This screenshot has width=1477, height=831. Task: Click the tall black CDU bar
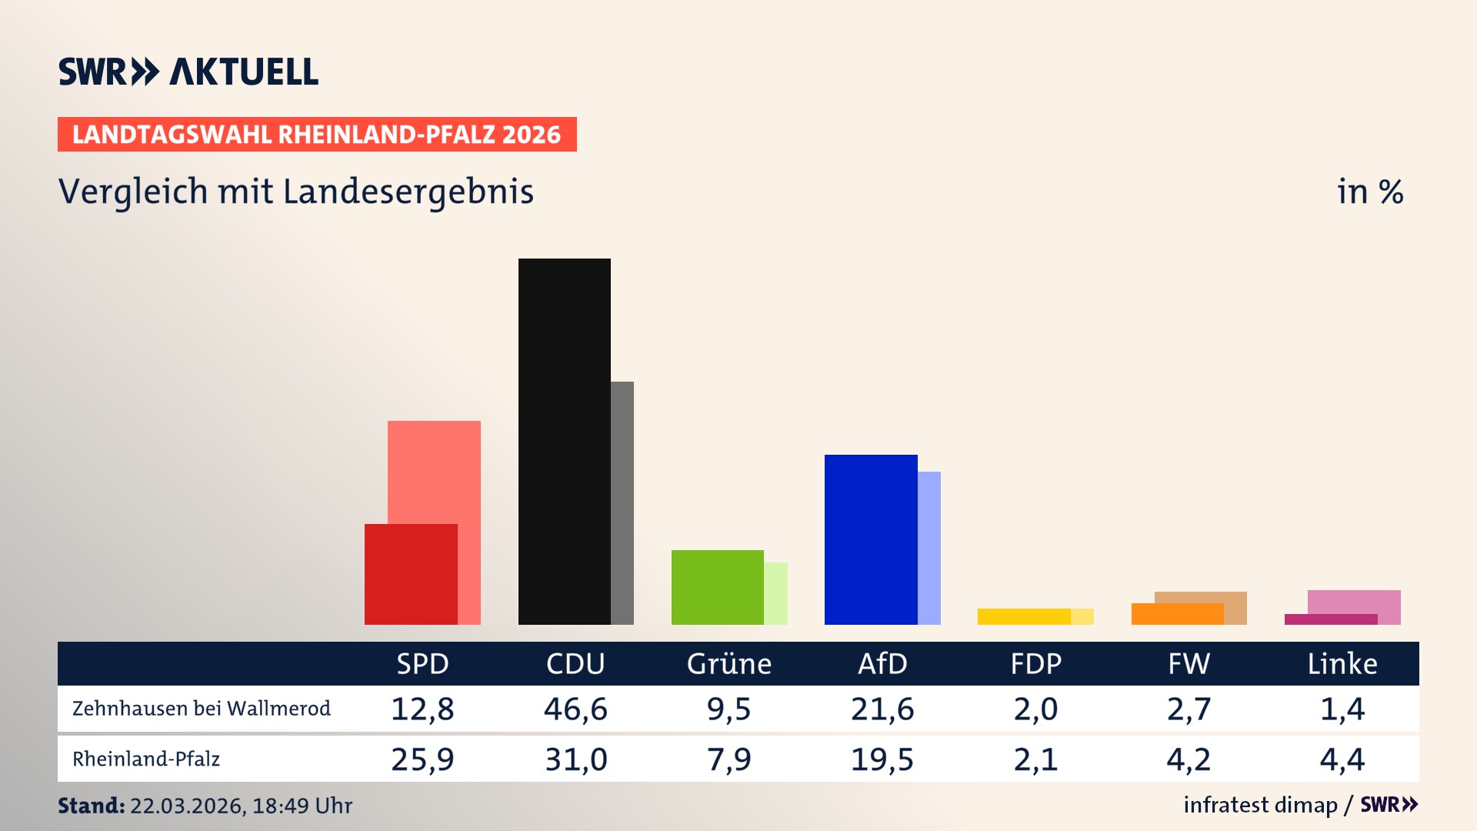(564, 441)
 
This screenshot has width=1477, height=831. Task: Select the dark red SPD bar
(411, 574)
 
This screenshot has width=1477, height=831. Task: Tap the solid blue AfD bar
(870, 539)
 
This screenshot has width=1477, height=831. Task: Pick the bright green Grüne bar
(717, 587)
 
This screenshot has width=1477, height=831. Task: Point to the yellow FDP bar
(1023, 616)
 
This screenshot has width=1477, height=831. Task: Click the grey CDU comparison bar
(622, 502)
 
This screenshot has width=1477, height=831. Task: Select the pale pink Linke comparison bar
(1354, 602)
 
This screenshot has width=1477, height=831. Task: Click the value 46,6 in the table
(575, 709)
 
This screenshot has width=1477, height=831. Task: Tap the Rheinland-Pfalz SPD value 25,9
(422, 759)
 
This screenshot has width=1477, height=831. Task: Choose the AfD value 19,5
(882, 759)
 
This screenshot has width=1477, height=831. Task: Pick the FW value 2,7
(1189, 709)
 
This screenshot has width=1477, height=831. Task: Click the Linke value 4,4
(1342, 759)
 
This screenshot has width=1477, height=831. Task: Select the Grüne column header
(728, 663)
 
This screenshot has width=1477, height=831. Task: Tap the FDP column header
(1035, 663)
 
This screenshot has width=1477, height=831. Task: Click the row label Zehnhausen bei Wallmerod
(202, 709)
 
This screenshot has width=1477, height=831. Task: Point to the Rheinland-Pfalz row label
(146, 759)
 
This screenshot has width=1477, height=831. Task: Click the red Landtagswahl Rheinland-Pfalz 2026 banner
(317, 134)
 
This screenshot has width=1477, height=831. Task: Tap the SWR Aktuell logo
(188, 72)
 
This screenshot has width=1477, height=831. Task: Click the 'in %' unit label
(1369, 192)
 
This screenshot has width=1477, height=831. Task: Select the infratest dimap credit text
(1260, 805)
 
